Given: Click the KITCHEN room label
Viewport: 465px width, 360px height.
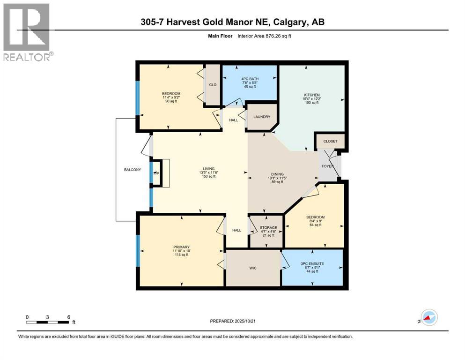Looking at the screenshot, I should pos(311,95).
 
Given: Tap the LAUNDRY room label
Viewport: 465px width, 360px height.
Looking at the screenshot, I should pos(262,117).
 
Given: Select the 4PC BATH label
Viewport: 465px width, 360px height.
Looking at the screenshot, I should pos(249,78).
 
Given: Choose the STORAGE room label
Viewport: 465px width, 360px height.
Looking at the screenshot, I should pos(269,228).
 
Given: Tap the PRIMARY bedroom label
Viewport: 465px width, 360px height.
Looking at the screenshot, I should pos(180,247).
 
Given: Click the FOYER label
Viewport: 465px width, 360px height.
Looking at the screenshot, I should pos(327,166).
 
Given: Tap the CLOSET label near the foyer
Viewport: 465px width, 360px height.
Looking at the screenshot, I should pos(330,141).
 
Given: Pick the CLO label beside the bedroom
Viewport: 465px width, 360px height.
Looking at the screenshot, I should pos(214,85).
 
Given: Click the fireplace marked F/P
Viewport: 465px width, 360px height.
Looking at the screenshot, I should pos(156,173).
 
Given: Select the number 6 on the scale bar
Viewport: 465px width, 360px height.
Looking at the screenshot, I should pos(69,317).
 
